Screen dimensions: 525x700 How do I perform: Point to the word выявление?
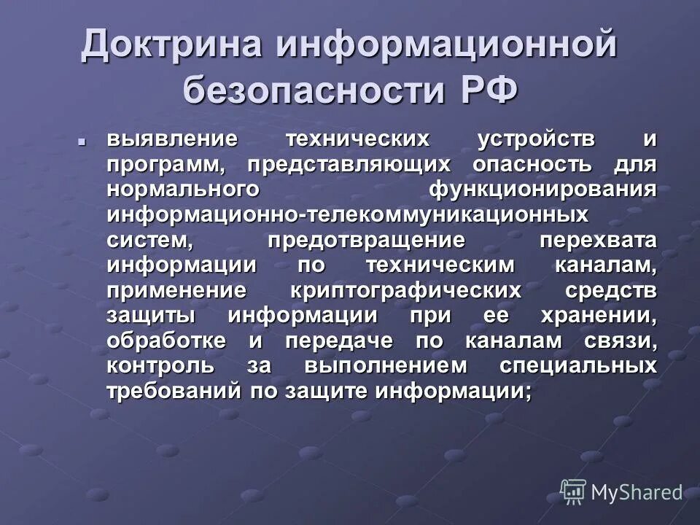[171, 139]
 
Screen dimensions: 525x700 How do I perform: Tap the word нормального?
[183, 189]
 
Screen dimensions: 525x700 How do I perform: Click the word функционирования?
[542, 189]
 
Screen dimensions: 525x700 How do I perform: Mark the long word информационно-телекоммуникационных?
[347, 214]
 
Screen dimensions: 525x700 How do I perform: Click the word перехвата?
[598, 239]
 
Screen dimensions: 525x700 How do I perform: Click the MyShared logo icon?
[572, 492]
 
